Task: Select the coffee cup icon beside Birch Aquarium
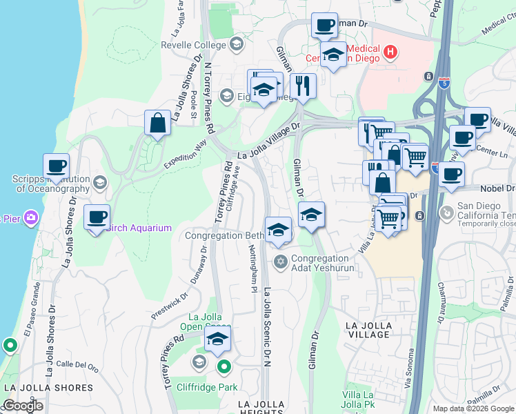pos(97,218)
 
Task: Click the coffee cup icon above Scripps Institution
pos(56,167)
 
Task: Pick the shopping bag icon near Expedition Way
pos(158,124)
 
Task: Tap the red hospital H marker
pos(390,50)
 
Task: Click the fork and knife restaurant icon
pos(303,86)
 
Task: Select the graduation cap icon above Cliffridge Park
pos(217,339)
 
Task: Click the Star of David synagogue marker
pos(280,261)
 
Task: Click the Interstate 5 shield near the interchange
pos(444,83)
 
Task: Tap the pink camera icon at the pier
pos(30,219)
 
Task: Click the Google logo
pos(23,406)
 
